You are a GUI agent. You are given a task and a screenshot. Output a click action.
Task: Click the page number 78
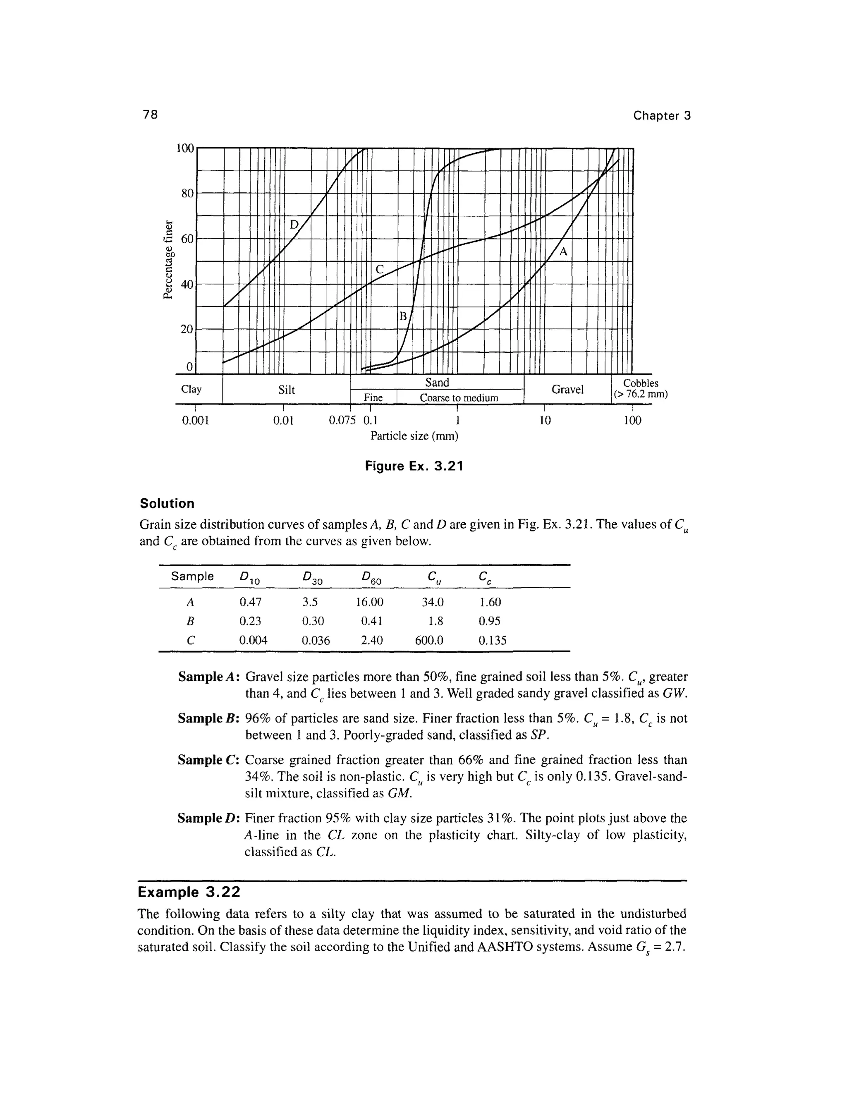point(150,115)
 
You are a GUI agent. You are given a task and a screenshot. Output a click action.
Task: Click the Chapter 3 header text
point(661,115)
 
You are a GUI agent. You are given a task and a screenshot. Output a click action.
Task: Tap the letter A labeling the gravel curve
point(563,252)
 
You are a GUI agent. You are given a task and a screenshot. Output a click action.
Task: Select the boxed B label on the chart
point(402,316)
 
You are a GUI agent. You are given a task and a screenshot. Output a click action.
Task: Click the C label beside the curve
point(379,270)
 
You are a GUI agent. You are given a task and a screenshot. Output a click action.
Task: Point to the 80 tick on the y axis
point(187,193)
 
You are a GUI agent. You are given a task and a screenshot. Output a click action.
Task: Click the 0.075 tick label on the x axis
point(341,420)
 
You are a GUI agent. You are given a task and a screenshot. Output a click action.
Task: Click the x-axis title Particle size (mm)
point(414,436)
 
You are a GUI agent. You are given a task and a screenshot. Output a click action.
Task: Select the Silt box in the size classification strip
point(286,390)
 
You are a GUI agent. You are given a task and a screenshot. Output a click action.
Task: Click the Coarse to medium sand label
point(459,398)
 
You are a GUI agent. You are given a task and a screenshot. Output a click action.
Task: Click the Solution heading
point(167,503)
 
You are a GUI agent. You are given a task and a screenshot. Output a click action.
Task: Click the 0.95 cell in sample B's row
point(489,621)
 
